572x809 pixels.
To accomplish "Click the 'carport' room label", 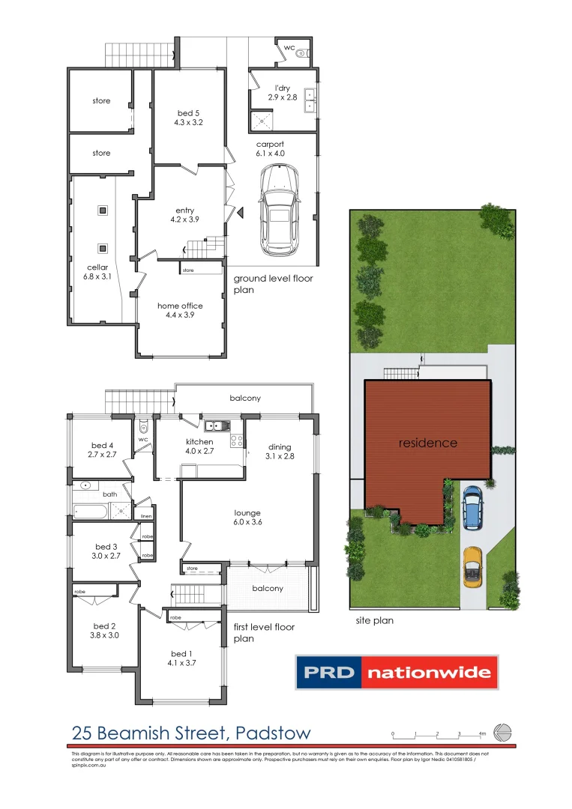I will (x=271, y=144).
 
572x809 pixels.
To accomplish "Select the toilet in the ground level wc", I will (x=302, y=53).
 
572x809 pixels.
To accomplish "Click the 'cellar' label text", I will (x=97, y=267).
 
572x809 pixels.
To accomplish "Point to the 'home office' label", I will (x=180, y=306).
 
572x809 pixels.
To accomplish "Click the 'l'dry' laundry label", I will (x=283, y=88).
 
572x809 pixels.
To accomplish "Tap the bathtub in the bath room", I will (x=91, y=511).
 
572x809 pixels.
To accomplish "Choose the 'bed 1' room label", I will (x=182, y=653).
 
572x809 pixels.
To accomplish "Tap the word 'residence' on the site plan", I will (x=427, y=443).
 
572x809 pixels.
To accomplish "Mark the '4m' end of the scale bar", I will (x=482, y=733).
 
